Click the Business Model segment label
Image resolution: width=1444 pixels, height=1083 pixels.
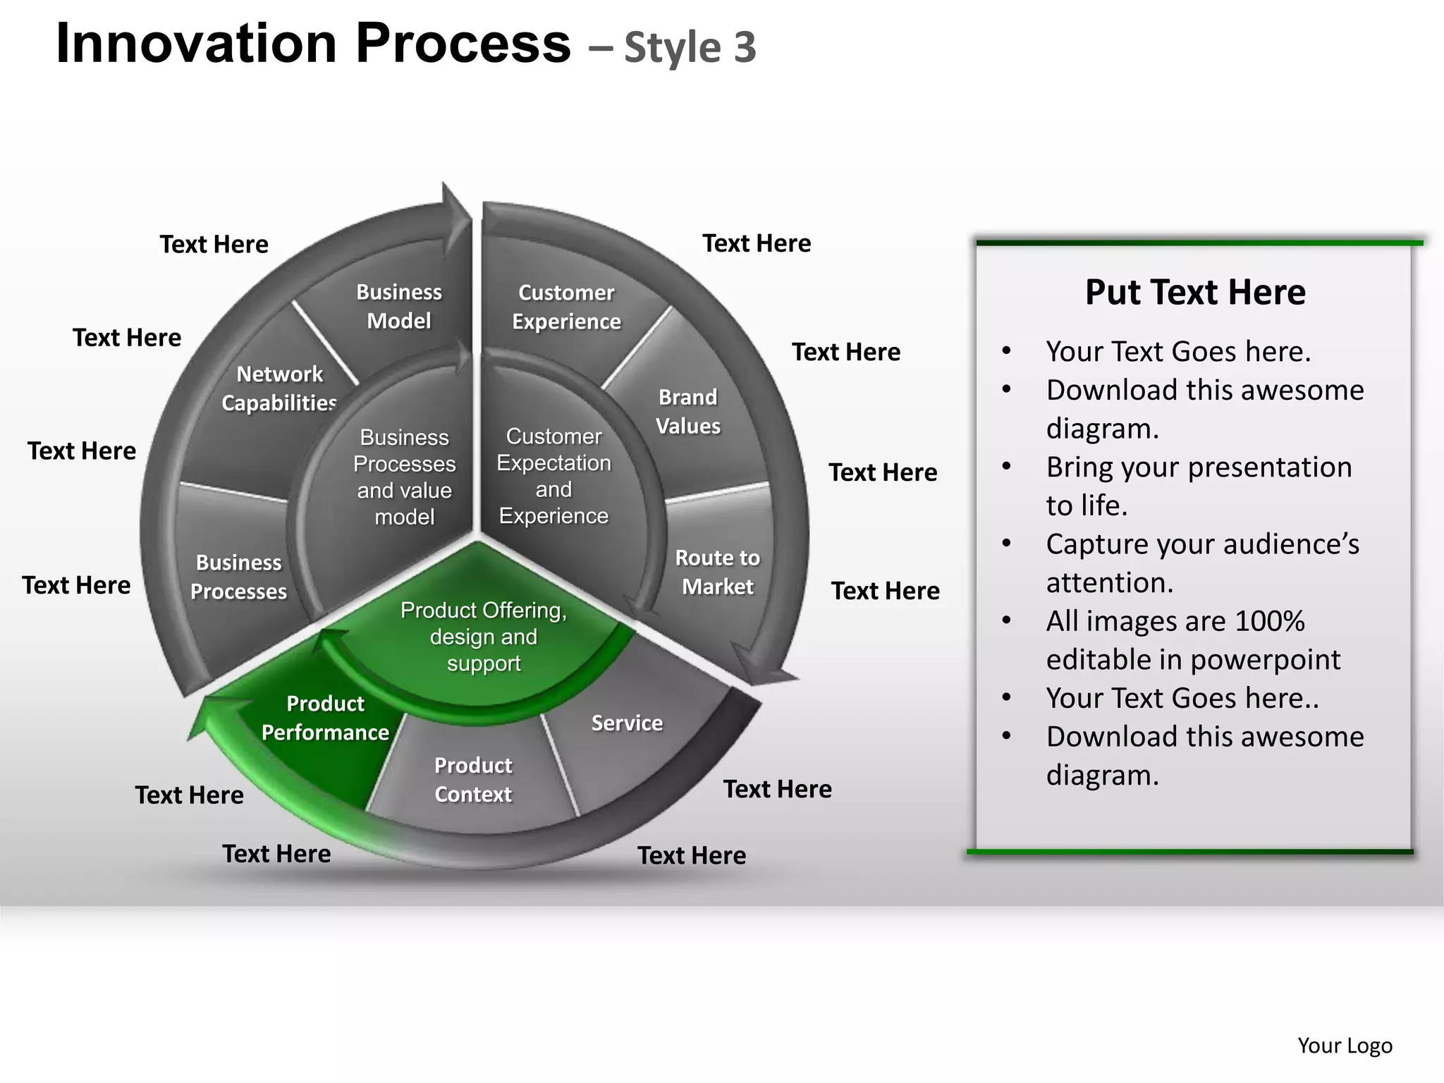pos(399,307)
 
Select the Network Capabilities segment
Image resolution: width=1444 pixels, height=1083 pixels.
pos(279,388)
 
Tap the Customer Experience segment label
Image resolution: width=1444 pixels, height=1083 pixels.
pos(566,307)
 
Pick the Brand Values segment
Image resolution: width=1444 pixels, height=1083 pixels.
pos(688,412)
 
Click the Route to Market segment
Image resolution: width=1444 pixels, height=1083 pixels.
pos(717,572)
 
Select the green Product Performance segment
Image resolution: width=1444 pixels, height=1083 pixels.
pos(325,718)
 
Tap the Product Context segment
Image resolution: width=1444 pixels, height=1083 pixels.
pos(473,780)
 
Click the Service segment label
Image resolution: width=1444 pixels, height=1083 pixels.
pos(627,723)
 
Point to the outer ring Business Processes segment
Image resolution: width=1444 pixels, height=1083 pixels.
pos(238,577)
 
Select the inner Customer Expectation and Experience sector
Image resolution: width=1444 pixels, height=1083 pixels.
pos(554,476)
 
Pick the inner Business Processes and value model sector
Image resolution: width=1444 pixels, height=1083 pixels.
pos(404,477)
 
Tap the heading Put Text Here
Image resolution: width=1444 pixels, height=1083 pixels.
pos(1195,292)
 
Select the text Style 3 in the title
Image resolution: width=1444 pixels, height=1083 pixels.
pos(690,48)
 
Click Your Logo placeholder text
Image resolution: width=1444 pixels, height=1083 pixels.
pos(1345,1046)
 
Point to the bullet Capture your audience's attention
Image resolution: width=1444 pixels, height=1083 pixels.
pos(1202,563)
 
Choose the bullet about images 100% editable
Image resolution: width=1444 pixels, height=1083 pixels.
pos(1193,640)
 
